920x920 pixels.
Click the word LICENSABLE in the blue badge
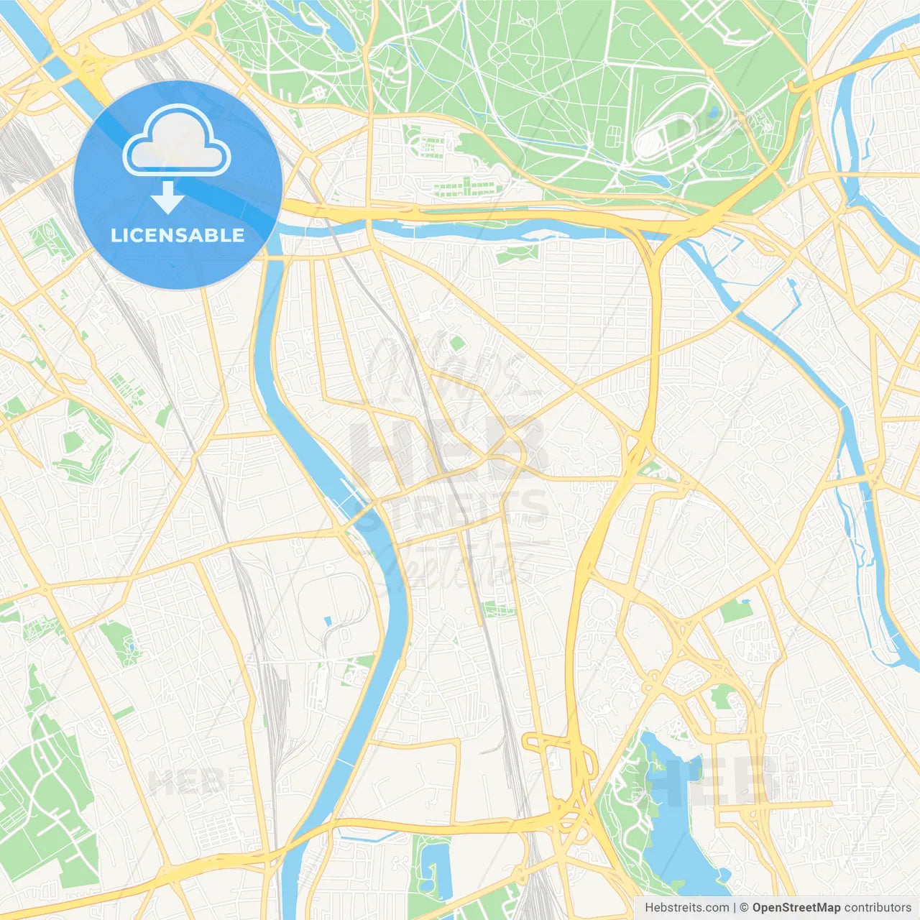(x=178, y=236)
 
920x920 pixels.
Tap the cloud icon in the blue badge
(x=177, y=139)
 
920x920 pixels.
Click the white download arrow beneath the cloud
(x=168, y=198)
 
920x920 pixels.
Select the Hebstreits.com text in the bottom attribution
(x=686, y=908)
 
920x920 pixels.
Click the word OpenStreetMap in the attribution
(x=796, y=908)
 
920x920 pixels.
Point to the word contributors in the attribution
(x=878, y=908)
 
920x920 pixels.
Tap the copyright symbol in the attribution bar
(x=744, y=908)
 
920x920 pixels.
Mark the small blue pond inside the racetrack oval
(x=712, y=113)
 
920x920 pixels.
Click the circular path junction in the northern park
(x=498, y=52)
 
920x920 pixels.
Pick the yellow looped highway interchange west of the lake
(x=561, y=762)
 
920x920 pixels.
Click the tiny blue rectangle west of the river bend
(x=328, y=620)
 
